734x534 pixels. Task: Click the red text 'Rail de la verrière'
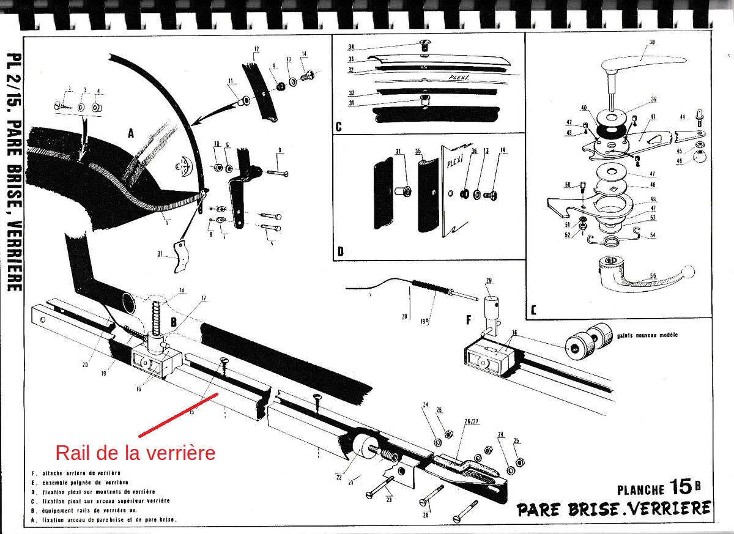pos(135,453)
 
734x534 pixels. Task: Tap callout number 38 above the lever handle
pos(651,42)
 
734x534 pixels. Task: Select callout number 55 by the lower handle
pos(653,276)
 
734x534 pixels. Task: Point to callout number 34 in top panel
pos(350,46)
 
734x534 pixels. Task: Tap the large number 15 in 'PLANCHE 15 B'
pos(680,488)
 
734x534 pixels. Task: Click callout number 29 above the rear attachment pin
pos(489,280)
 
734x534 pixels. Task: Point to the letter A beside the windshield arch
pos(131,134)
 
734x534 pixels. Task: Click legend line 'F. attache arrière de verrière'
pos(78,472)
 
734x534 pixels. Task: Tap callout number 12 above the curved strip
pos(256,48)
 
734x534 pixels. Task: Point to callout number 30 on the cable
pos(404,316)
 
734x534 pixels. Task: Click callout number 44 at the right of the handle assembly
pos(682,116)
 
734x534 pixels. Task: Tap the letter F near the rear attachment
pos(468,319)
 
